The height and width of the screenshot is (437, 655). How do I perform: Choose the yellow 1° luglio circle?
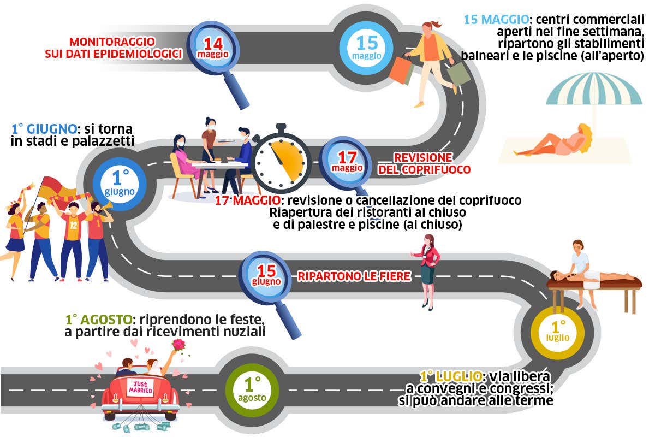click(x=558, y=331)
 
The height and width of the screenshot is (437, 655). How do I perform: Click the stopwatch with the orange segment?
click(x=282, y=158)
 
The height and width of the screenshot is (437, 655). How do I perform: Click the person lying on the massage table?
click(x=589, y=275)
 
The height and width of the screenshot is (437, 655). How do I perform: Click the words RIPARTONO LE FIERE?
click(x=354, y=276)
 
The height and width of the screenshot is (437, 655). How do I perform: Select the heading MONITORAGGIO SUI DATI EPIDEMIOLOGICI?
click(x=112, y=48)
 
